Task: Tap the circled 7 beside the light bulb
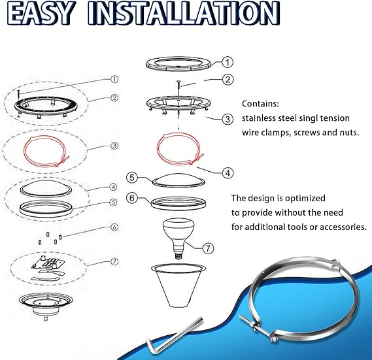[x=209, y=249]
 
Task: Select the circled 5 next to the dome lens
[x=131, y=177]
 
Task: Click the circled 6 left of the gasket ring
[x=131, y=197]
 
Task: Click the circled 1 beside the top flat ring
[x=226, y=63]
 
